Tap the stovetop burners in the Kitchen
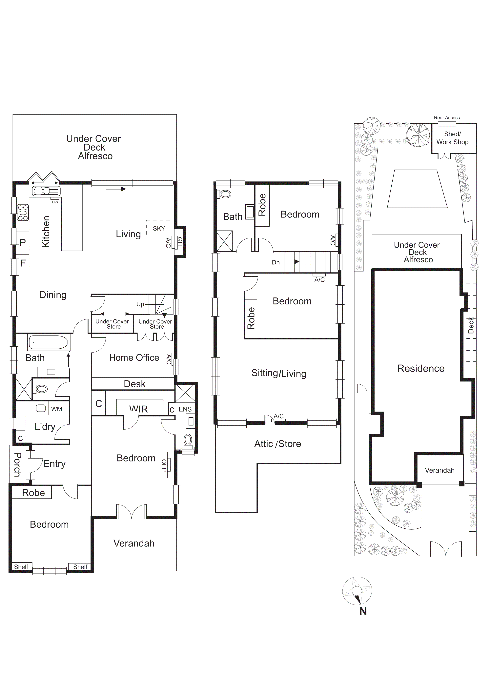pos(23,213)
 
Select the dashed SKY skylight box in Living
pos(159,228)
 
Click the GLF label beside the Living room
pos(180,242)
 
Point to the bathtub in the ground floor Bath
pos(48,342)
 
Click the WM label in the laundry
pos(56,409)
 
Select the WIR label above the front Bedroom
pos(138,409)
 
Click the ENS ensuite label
pos(185,409)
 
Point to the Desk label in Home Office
pos(134,384)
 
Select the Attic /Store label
pos(277,444)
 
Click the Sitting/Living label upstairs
pos(279,373)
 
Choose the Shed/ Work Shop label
pos(452,138)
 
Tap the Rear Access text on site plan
pos(447,118)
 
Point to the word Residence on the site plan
pos(420,368)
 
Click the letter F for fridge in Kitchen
pos(23,263)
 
